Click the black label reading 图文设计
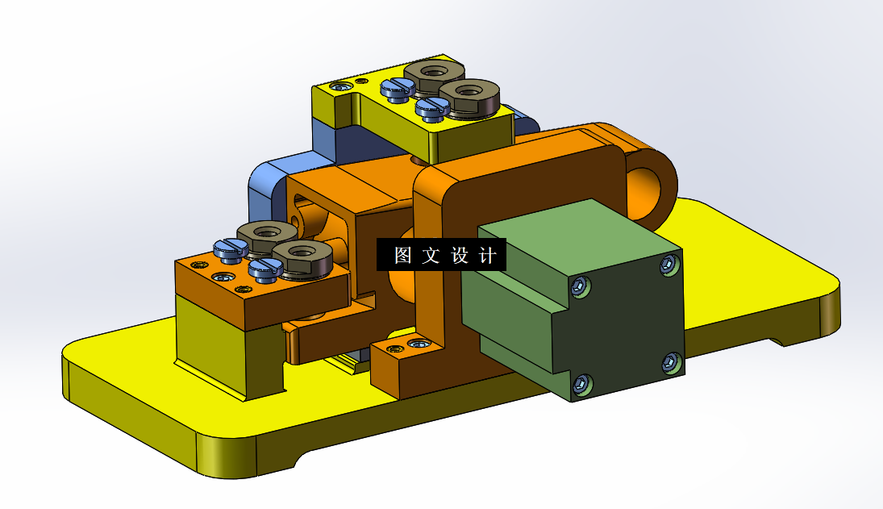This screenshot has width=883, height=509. pyautogui.click(x=441, y=255)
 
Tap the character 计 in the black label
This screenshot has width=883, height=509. pyautogui.click(x=487, y=256)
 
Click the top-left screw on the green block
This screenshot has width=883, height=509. pyautogui.click(x=580, y=284)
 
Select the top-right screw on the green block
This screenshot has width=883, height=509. pyautogui.click(x=668, y=264)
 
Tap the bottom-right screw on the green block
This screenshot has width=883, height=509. pyautogui.click(x=668, y=362)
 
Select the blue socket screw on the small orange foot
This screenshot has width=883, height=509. pyautogui.click(x=419, y=344)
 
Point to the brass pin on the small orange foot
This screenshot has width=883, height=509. pyautogui.click(x=394, y=349)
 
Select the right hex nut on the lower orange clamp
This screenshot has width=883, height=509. pyautogui.click(x=302, y=257)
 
